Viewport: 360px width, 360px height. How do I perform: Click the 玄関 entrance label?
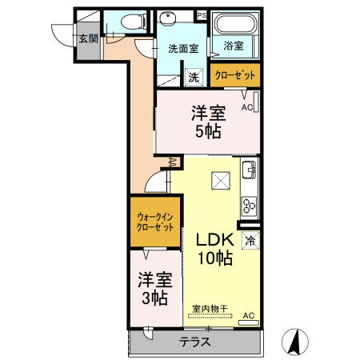point(88,38)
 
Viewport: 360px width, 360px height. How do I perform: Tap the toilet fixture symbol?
point(129,22)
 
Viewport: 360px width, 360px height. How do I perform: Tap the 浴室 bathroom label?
point(234,46)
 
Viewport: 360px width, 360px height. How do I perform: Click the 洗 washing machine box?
point(194,77)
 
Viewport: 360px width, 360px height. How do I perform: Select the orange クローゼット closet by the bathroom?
point(236,75)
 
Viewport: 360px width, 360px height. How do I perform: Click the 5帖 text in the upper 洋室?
point(208,131)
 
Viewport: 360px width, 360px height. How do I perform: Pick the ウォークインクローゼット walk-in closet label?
point(155,222)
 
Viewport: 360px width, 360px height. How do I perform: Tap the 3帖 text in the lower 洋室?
point(154,299)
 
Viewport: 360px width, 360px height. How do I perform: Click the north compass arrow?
point(295,342)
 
